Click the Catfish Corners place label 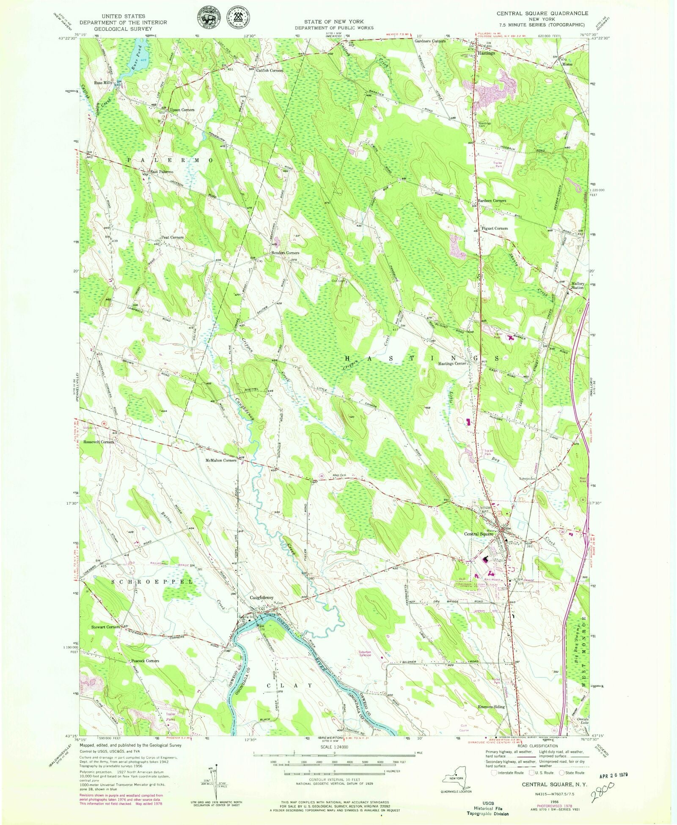tap(270, 70)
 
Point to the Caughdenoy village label tap(261, 598)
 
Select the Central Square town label tap(479, 534)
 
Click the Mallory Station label tap(577, 286)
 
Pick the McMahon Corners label tap(220, 460)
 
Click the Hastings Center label tap(452, 363)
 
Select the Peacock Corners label tap(145, 660)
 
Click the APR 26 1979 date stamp tap(613, 775)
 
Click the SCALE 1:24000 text tap(334, 747)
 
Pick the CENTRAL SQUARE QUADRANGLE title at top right tap(542, 14)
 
